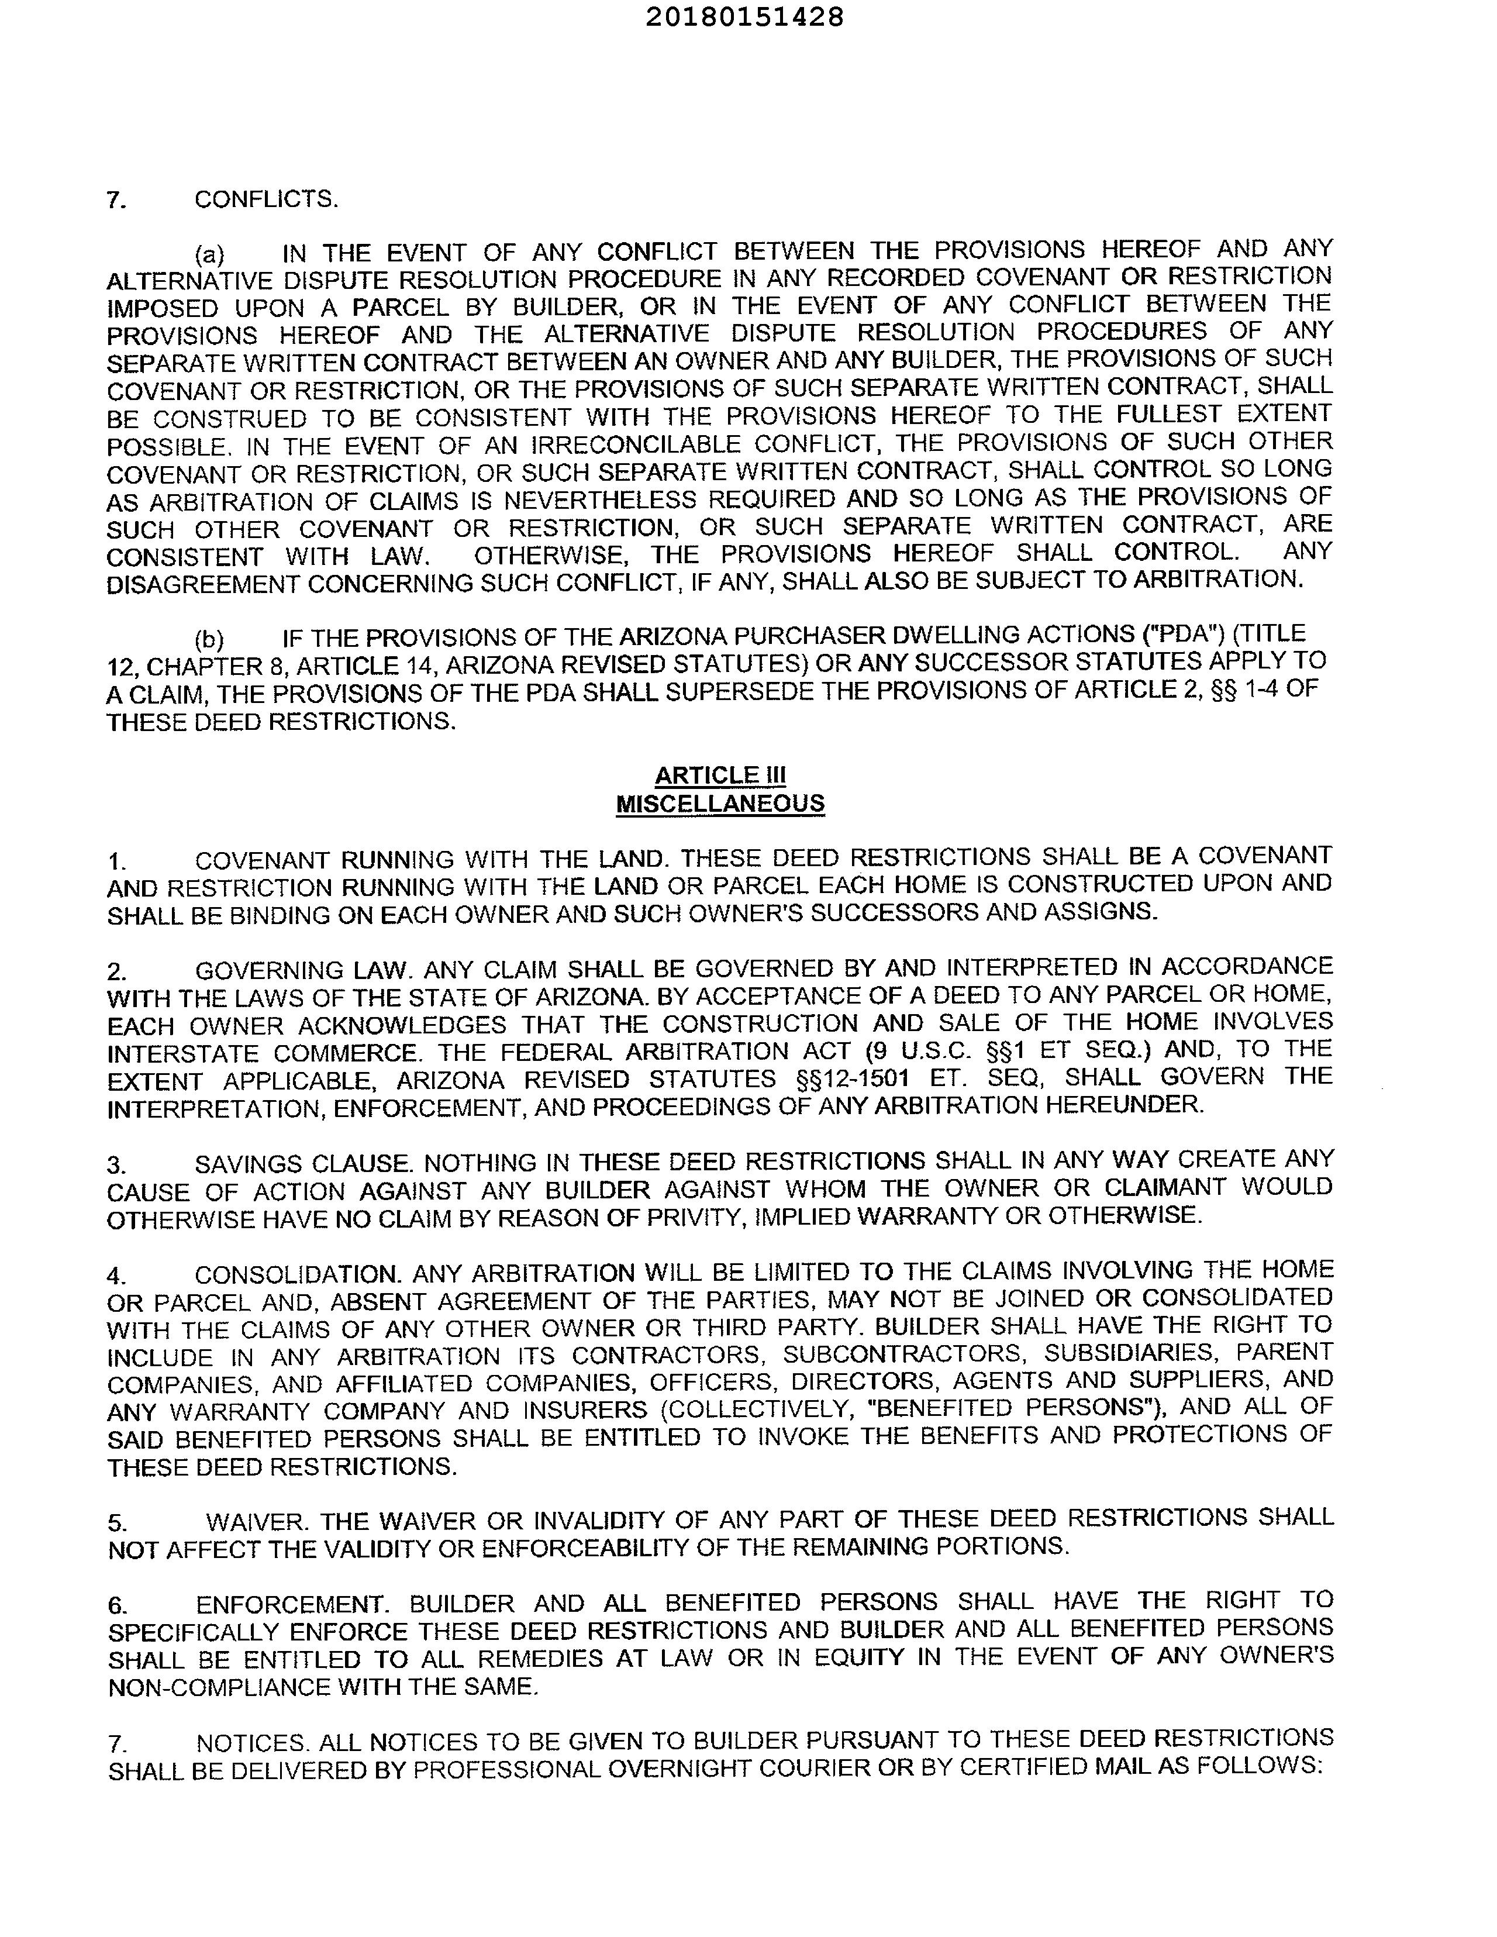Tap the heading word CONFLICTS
[266, 199]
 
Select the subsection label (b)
[209, 639]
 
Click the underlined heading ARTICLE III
[720, 775]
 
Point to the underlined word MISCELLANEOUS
[720, 804]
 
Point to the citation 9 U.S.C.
[922, 1051]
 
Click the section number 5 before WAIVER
[116, 1524]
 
